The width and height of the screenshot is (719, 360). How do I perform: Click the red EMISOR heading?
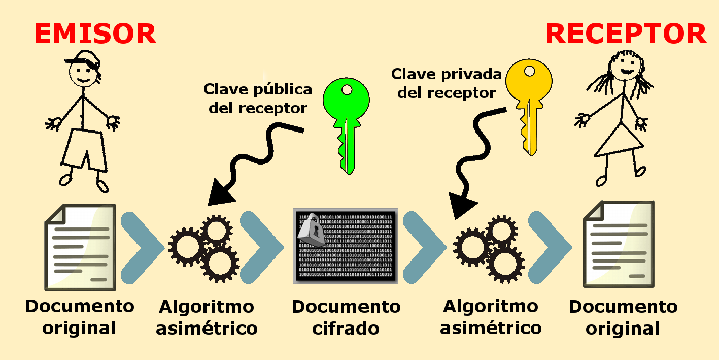(95, 35)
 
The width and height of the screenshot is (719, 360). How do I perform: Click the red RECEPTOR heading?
(626, 35)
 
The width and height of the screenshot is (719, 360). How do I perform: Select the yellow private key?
(529, 102)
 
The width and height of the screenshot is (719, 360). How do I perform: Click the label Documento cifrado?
(346, 317)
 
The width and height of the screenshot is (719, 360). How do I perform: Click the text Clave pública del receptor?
(258, 99)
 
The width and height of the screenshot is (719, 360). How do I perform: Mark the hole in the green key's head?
(347, 90)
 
